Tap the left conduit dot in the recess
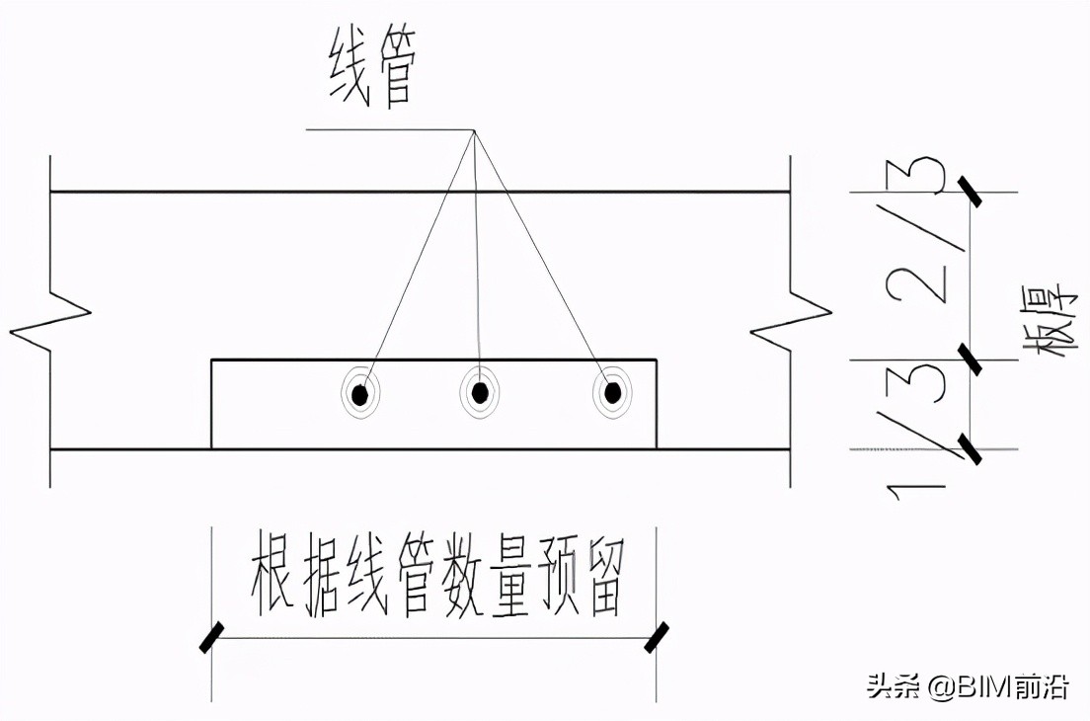[x=360, y=395]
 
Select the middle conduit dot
[x=480, y=393]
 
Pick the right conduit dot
[x=613, y=393]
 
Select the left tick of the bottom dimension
[x=211, y=637]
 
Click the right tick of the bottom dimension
[x=657, y=637]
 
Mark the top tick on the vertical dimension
[x=972, y=191]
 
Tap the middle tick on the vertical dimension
[x=972, y=360]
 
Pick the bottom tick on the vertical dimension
[x=972, y=449]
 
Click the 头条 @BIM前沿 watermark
[x=968, y=686]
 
